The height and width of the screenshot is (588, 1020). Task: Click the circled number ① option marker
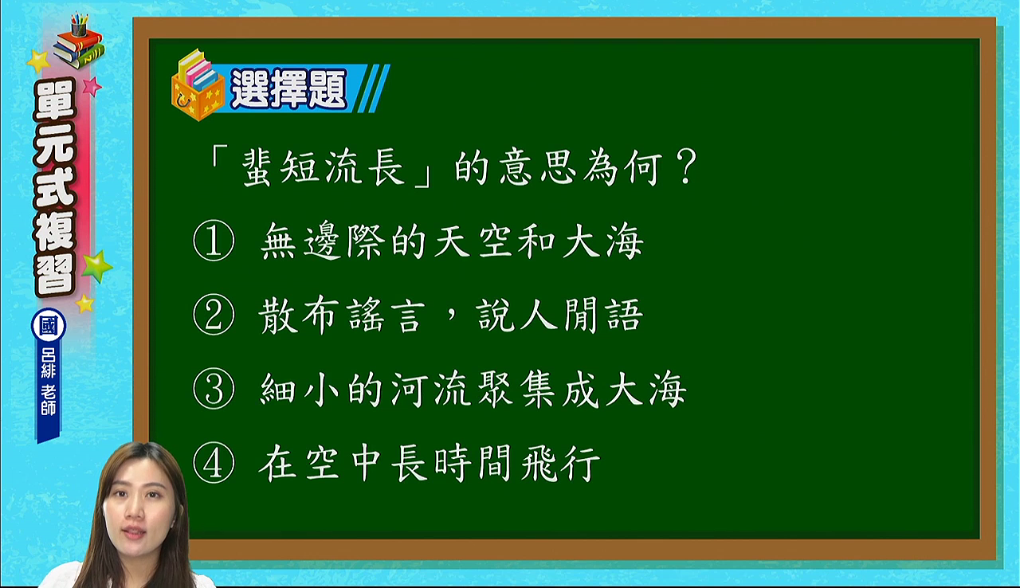point(214,241)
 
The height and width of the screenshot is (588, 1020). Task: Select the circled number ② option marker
point(214,315)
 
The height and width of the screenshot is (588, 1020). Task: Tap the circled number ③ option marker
point(214,389)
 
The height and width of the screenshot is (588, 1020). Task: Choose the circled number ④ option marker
point(214,463)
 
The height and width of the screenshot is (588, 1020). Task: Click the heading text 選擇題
point(288,89)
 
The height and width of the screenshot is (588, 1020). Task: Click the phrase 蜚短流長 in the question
point(324,167)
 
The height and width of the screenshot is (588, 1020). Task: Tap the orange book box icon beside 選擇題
point(198,85)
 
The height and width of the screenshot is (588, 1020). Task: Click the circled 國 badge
point(49,326)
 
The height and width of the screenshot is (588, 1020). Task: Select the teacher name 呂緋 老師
point(49,382)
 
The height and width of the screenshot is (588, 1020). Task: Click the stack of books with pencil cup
point(78,41)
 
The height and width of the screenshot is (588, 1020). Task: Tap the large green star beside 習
point(96,266)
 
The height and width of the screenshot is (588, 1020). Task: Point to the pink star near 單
point(92,86)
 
